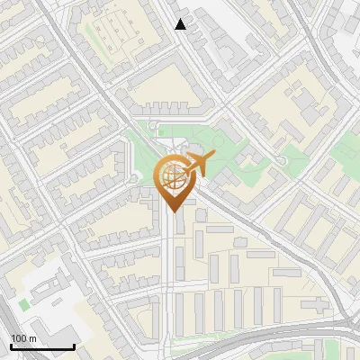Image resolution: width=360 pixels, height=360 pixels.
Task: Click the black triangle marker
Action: coord(181,24)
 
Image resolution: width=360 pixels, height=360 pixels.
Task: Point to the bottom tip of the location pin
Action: coord(173,212)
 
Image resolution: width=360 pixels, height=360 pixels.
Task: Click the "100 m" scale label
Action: coord(23,337)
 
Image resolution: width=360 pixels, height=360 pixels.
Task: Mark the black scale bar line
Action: coord(42,346)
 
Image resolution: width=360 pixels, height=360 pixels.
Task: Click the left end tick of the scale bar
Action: coord(12,345)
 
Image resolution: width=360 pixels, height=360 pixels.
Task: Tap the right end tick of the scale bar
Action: coord(74,345)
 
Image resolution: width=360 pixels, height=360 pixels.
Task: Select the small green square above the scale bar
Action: coord(24,304)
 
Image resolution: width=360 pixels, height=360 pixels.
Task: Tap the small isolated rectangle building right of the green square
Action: coord(54,310)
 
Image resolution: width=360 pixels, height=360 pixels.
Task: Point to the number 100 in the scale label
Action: coord(19,337)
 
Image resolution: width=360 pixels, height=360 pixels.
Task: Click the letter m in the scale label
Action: coord(32,337)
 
